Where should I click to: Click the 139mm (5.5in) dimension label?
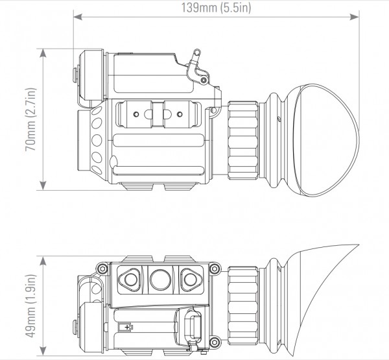pos(216,8)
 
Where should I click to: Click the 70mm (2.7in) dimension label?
pos(31,119)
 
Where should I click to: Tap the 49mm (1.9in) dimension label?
pos(31,306)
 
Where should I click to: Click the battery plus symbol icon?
pos(126,327)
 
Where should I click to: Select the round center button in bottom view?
pos(161,280)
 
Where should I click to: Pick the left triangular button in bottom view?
pos(130,280)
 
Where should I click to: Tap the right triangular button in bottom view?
pos(191,280)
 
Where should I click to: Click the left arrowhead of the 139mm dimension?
pos(78,17)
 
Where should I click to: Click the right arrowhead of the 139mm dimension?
pos(355,17)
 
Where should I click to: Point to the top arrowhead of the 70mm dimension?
pos(43,53)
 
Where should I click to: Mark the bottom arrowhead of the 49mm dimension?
pos(43,350)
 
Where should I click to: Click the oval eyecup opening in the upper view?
pos(326,140)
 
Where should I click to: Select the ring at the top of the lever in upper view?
pos(197,53)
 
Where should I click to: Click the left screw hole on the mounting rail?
pos(136,114)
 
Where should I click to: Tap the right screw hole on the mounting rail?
pos(180,114)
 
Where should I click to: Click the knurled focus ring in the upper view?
pos(243,140)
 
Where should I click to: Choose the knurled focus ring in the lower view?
pos(243,306)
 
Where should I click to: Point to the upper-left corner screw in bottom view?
pos(102,269)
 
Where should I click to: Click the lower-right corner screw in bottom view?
pos(215,342)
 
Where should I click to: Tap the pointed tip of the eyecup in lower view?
pos(359,245)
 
